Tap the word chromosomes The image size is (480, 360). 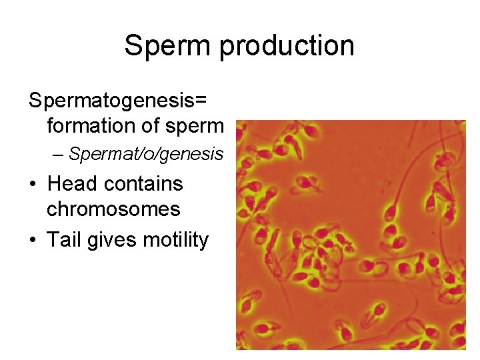113,209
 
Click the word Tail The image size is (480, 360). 62,239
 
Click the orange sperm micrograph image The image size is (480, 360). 351,235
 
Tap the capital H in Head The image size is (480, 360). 54,183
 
